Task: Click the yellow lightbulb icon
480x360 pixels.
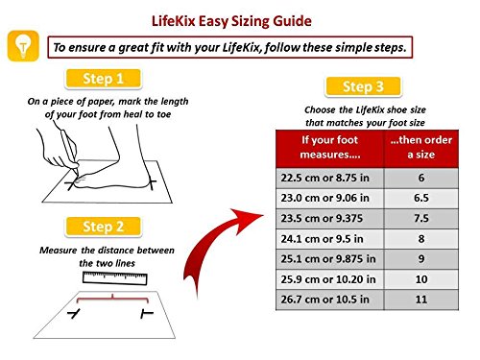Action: click(23, 46)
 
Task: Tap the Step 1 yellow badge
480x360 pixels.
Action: click(103, 79)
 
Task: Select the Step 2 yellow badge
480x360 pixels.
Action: click(103, 227)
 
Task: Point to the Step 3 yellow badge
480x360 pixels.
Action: click(363, 86)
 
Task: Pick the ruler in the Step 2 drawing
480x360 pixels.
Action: click(115, 278)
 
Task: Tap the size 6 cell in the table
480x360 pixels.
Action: click(421, 178)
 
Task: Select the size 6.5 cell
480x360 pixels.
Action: click(421, 198)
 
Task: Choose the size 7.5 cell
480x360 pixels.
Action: click(421, 218)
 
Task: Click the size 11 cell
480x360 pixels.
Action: click(421, 300)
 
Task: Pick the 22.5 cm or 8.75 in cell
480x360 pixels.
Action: click(330, 178)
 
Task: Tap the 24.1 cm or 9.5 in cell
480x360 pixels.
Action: click(330, 239)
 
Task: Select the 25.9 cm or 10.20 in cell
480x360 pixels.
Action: click(330, 279)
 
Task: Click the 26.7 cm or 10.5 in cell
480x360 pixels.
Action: click(330, 300)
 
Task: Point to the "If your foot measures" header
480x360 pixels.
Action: click(330, 147)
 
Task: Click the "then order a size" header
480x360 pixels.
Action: click(421, 147)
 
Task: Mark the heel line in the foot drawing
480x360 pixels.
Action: click(153, 183)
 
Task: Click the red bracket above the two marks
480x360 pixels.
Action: click(112, 299)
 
